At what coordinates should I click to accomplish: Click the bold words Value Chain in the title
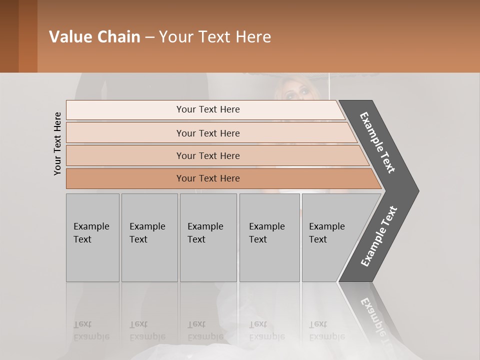click(94, 37)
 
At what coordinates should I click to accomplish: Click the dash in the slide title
click(149, 37)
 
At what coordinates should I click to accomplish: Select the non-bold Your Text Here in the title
click(215, 37)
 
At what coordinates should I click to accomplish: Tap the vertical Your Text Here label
click(57, 144)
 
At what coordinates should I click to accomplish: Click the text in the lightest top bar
click(208, 109)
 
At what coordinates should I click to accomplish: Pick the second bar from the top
click(208, 133)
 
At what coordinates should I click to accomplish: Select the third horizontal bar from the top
click(208, 156)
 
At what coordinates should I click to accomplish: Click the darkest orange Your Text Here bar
click(208, 178)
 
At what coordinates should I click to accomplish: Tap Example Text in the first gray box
click(91, 232)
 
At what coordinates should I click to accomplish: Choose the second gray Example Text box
click(148, 232)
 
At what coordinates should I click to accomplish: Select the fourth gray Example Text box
click(267, 232)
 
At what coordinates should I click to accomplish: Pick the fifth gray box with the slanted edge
click(327, 232)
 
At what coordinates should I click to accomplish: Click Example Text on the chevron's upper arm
click(377, 142)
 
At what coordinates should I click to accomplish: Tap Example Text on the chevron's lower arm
click(379, 236)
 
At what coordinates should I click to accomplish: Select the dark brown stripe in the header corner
click(9, 36)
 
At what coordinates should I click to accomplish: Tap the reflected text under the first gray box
click(91, 330)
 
